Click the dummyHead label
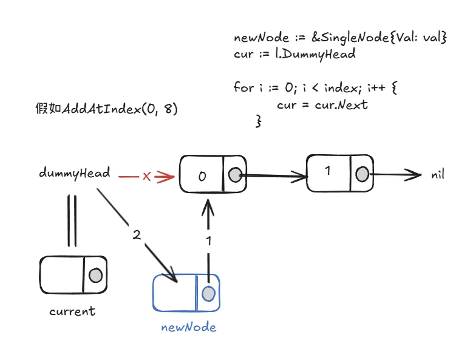coord(74,173)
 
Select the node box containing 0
coord(203,175)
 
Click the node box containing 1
coord(328,172)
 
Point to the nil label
coord(438,175)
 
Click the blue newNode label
coord(189,328)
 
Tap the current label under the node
coord(72,312)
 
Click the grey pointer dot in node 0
coord(234,175)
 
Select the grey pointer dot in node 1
coord(362,175)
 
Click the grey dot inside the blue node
coord(208,294)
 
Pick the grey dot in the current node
coord(95,275)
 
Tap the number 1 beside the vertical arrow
coord(209,241)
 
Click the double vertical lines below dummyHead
coord(72,220)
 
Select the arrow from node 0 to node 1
coord(273,177)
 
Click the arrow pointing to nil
coord(395,175)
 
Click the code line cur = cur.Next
coord(322,104)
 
